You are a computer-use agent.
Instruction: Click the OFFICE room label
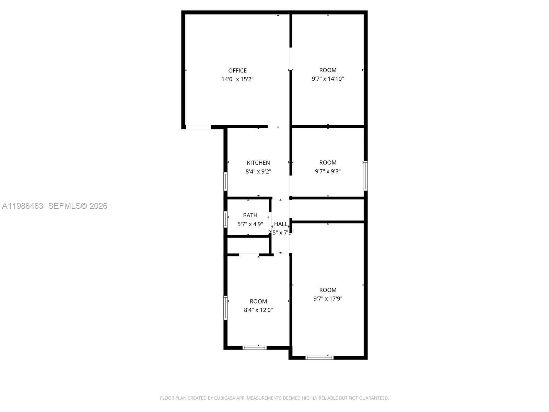coord(237,70)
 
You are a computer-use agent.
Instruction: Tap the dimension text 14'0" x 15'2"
coord(237,79)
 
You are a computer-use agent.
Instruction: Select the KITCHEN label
coord(258,163)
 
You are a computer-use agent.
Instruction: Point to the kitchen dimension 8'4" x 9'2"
coord(258,171)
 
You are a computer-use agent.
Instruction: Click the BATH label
coord(250,215)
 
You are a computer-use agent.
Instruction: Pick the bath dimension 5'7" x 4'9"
coord(250,224)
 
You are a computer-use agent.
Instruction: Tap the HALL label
coord(281,224)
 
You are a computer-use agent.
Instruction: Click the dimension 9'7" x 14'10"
coord(328,79)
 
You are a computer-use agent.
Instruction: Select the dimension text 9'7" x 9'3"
coord(328,171)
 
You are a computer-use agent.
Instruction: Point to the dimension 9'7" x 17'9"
coord(328,299)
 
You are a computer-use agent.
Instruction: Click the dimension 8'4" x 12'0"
coord(258,310)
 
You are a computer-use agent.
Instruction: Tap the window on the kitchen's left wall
coord(225,181)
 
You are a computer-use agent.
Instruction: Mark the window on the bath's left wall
coord(225,219)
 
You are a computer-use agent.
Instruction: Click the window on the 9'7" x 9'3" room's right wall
coord(366,175)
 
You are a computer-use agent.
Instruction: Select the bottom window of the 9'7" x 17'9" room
coord(319,357)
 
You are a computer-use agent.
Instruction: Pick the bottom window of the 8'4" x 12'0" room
coord(255,348)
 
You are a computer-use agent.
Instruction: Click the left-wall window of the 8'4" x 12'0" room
coord(225,308)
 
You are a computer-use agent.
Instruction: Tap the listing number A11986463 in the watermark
coord(23,206)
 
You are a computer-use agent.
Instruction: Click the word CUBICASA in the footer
coord(224,398)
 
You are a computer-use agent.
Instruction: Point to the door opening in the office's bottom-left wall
coord(198,127)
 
